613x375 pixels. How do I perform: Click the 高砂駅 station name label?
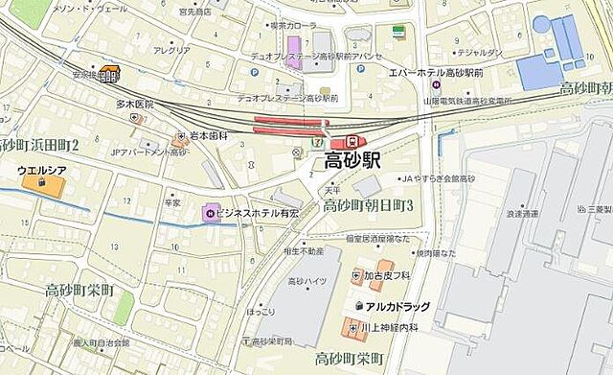[x=358, y=160]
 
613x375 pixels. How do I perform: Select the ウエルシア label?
[x=40, y=170]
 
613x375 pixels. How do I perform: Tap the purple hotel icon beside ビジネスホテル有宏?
[x=209, y=212]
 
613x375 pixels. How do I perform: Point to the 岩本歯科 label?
[x=208, y=135]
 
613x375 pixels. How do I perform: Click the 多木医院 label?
[x=135, y=104]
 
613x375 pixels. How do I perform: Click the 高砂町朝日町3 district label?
[x=368, y=206]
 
